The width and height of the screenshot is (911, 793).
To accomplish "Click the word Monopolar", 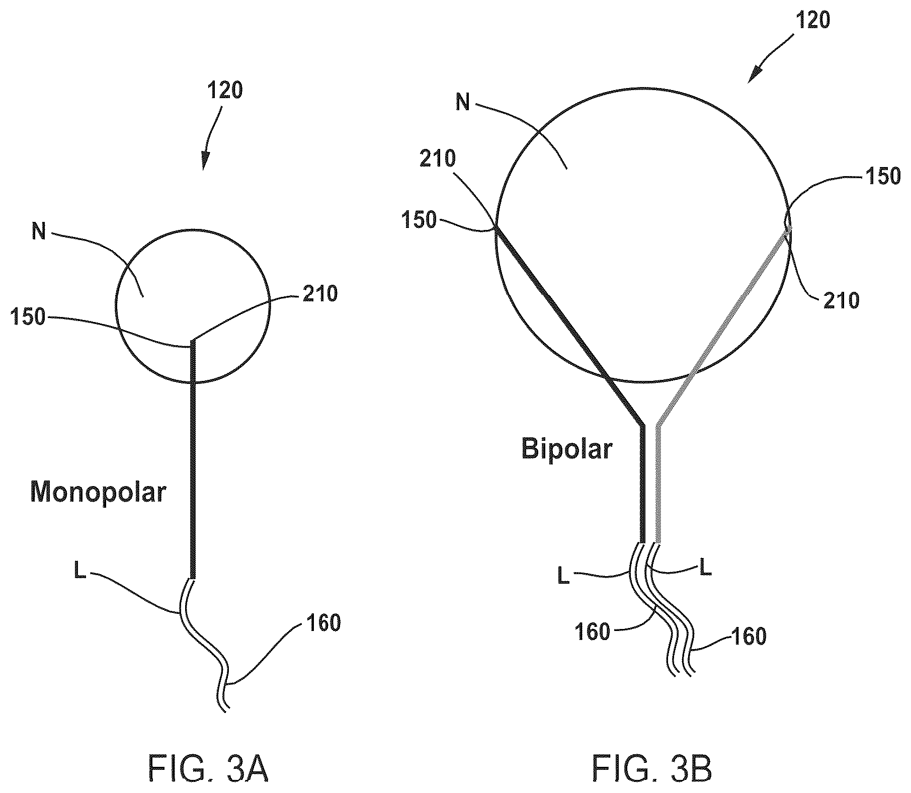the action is tap(98, 492).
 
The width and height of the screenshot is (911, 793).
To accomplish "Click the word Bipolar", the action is tap(566, 448).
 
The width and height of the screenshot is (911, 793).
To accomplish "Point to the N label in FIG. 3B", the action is tap(463, 102).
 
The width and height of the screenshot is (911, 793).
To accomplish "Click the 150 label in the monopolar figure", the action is tap(28, 318).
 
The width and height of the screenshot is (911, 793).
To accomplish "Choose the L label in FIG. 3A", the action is tap(79, 571).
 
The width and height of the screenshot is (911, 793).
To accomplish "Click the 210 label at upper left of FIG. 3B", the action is tap(437, 159).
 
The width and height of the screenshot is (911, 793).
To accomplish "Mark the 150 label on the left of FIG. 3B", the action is tap(419, 220).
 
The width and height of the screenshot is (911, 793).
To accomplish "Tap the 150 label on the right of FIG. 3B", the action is tap(882, 176).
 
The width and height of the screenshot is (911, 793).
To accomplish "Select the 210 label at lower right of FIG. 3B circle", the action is tap(841, 300).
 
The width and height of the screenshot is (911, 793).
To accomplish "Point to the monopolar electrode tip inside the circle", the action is tap(192, 341).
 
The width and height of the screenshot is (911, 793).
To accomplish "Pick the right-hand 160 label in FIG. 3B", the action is tap(748, 637).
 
